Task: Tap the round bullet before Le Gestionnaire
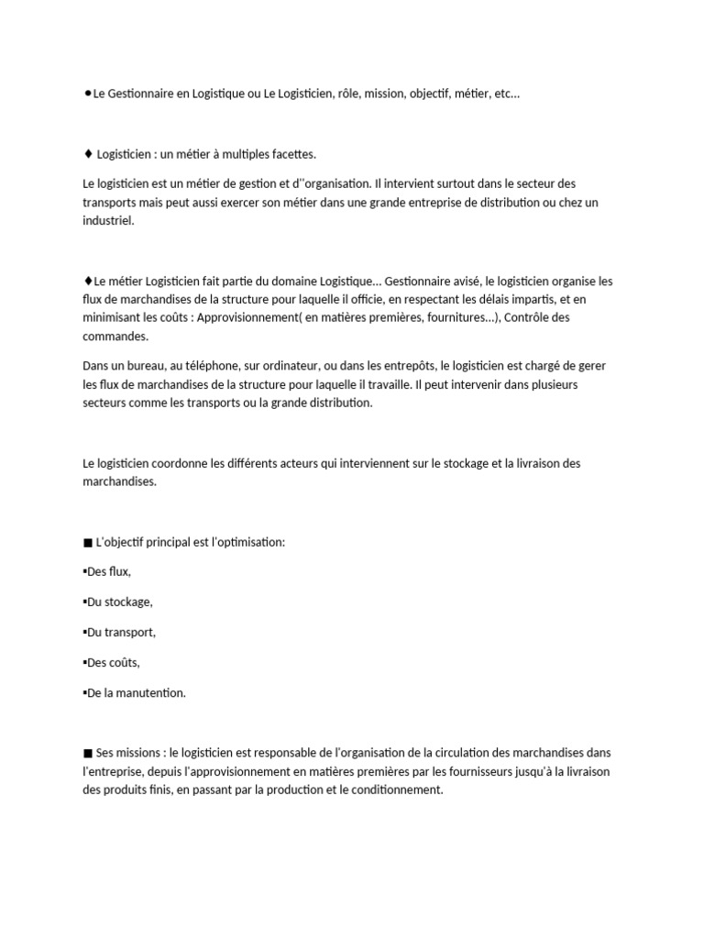pos(86,93)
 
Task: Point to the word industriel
pos(107,220)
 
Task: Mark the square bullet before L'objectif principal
pos(87,543)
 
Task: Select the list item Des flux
pos(107,572)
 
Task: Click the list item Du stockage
pos(117,602)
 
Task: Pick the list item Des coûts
pos(112,662)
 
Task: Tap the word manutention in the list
pos(150,692)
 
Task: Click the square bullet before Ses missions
pos(87,754)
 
